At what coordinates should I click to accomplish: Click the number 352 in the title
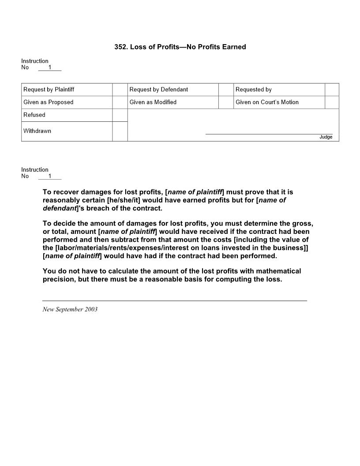(x=120, y=47)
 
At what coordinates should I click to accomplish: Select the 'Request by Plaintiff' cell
(x=49, y=90)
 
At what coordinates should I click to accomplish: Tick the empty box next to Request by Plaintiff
(x=120, y=90)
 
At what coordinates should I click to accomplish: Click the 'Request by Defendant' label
(x=158, y=90)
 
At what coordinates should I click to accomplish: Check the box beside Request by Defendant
(x=226, y=90)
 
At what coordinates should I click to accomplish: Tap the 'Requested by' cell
(x=253, y=90)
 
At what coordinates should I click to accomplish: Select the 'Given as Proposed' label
(x=48, y=102)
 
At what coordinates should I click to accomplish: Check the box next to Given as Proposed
(x=120, y=102)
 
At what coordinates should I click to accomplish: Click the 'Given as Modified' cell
(x=153, y=102)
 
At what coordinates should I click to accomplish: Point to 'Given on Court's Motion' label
(x=267, y=102)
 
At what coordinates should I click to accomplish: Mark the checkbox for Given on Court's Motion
(x=332, y=102)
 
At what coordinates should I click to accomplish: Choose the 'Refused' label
(x=34, y=115)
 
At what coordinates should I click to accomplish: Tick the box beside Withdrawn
(x=120, y=132)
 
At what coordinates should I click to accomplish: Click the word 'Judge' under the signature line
(x=326, y=137)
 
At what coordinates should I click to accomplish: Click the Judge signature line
(x=269, y=133)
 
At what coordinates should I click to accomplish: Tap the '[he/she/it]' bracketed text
(x=124, y=200)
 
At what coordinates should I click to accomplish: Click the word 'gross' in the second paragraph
(x=303, y=224)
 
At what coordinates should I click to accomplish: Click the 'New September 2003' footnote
(x=70, y=309)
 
